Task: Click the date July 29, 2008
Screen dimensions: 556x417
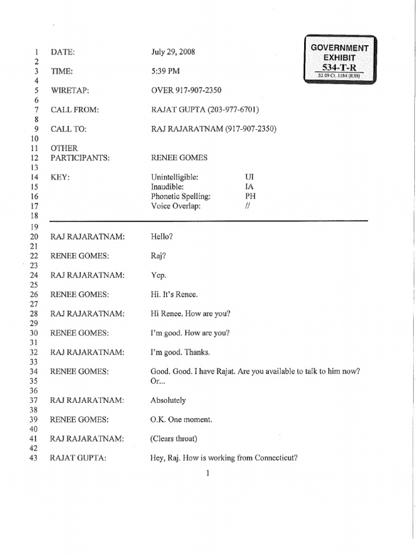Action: (x=173, y=52)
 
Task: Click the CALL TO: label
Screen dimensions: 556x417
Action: (x=69, y=129)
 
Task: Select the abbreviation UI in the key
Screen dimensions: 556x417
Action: (x=250, y=177)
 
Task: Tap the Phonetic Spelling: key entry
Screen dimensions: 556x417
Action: (x=180, y=196)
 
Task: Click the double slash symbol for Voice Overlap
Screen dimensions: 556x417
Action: (x=247, y=206)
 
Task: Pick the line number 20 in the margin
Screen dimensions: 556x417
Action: (x=34, y=237)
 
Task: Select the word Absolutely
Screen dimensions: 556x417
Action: (x=168, y=400)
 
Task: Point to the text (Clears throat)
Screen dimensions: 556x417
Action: (x=174, y=439)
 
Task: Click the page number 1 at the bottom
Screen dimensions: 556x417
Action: (x=208, y=473)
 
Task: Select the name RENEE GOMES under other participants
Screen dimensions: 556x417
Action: (x=179, y=158)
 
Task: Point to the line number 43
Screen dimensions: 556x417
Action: (x=34, y=458)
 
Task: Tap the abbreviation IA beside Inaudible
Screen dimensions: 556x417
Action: (x=250, y=186)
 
